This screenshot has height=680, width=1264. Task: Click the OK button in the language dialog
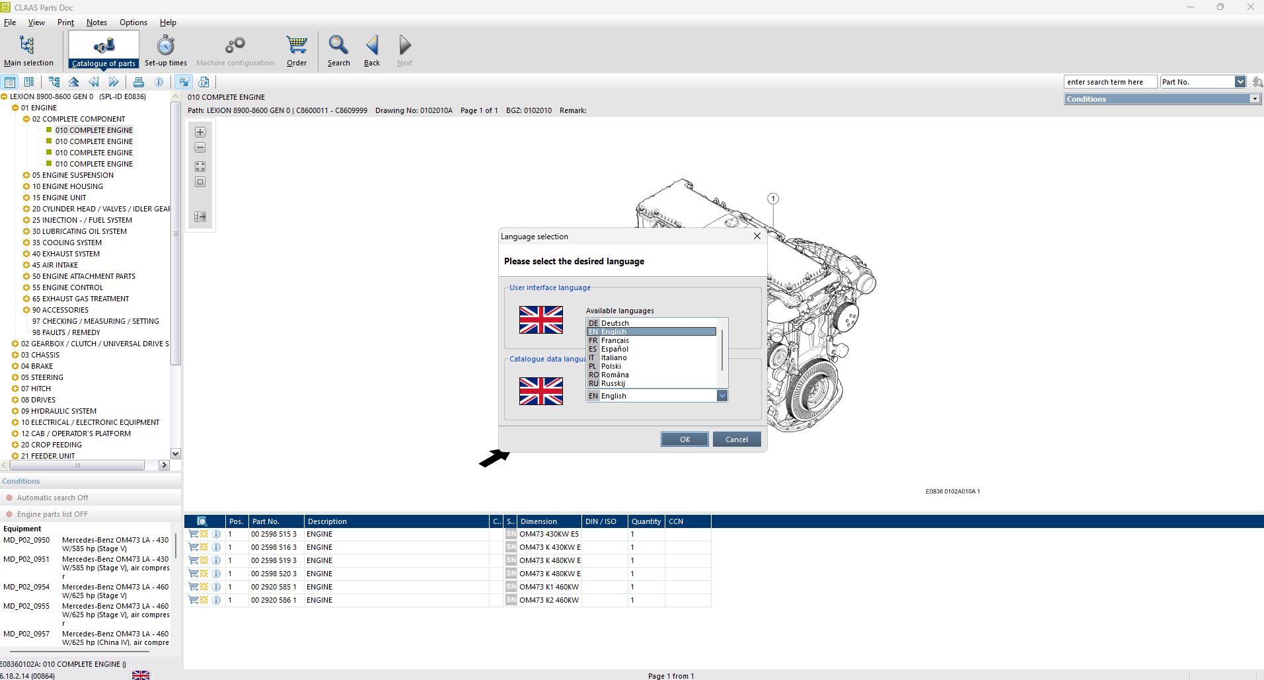pos(684,439)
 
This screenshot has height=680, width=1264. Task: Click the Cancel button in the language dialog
pos(736,439)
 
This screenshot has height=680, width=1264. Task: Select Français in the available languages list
pos(614,340)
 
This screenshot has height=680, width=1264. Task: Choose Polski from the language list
pos(611,366)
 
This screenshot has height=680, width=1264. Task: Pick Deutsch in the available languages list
pos(614,323)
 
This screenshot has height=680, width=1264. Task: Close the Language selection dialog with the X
pos(757,236)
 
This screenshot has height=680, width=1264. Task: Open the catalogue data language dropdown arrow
pos(722,396)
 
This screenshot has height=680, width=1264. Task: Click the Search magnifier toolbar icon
pos(338,46)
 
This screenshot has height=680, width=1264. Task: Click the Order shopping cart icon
pos(297,46)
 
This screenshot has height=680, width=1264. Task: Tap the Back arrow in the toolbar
pos(372,46)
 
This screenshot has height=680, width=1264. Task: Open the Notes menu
pos(96,22)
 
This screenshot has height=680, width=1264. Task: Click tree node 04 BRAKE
pos(37,366)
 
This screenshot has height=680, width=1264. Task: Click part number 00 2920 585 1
pos(274,587)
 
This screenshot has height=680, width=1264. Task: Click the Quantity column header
pos(646,521)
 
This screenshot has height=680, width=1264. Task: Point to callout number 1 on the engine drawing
pos(773,199)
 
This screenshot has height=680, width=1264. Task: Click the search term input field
pos(1110,82)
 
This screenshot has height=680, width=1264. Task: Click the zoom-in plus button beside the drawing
pos(200,132)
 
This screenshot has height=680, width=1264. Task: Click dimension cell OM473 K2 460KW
pos(549,600)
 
